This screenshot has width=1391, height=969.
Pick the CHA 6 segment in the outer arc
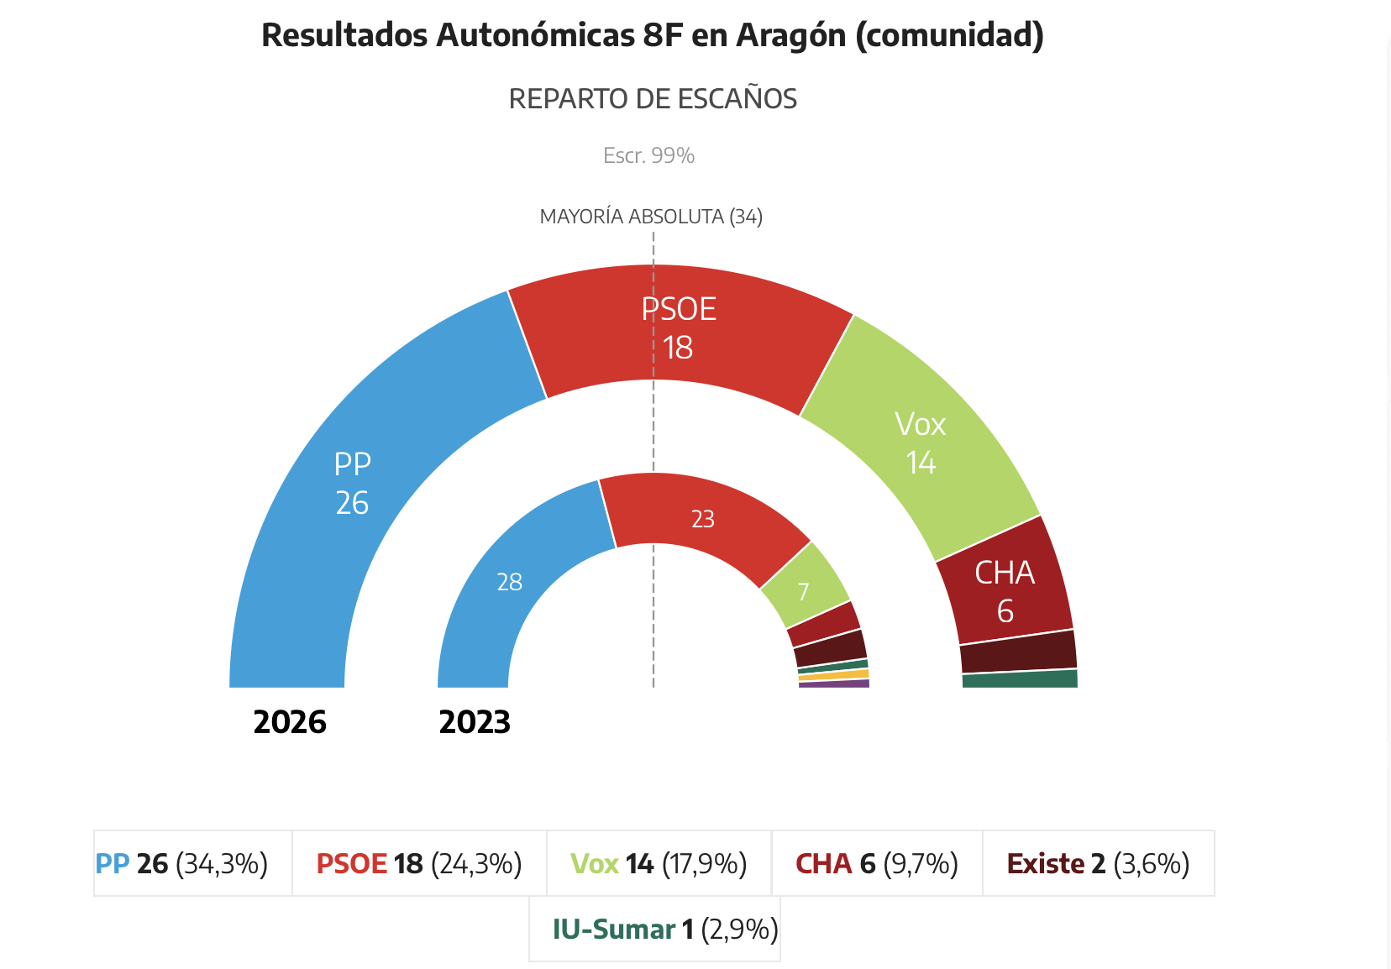[1005, 592]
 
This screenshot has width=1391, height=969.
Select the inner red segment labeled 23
[702, 519]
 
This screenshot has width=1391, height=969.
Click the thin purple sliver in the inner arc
[833, 684]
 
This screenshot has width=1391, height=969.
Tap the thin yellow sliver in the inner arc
[833, 675]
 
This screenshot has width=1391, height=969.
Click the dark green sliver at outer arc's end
[1020, 679]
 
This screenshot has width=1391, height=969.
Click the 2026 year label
[290, 722]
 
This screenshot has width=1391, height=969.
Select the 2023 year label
[475, 722]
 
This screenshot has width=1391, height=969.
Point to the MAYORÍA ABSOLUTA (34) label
[651, 217]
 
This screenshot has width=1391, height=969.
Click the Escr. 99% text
[648, 155]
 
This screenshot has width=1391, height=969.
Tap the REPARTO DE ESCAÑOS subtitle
[653, 99]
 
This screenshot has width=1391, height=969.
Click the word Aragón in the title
[790, 35]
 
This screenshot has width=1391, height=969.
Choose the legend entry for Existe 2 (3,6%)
[1098, 863]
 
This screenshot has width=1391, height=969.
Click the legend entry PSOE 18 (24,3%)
[419, 863]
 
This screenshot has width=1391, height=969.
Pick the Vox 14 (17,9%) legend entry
[659, 863]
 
